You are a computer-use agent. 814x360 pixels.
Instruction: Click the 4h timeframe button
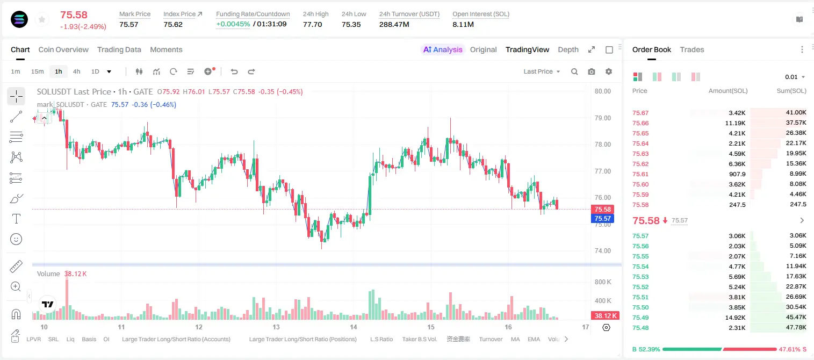pos(76,71)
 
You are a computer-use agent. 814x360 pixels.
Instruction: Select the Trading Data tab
pos(119,49)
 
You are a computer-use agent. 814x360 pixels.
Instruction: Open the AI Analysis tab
pos(443,49)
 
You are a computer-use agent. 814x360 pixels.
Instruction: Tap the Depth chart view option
pos(568,49)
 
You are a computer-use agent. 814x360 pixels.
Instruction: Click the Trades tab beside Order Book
pos(692,49)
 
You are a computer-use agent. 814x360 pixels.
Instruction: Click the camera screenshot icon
pos(592,71)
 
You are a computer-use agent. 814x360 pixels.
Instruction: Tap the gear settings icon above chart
pos(609,71)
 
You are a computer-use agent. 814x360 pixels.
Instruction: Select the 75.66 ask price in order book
pos(640,123)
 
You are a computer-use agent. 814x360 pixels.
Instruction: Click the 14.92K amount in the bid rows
pos(735,318)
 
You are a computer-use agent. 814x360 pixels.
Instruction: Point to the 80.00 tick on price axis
pos(602,91)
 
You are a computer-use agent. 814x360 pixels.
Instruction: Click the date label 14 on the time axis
pos(353,327)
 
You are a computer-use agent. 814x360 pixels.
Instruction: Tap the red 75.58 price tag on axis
pos(602,209)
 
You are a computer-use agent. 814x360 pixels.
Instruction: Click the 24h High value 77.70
pos(313,24)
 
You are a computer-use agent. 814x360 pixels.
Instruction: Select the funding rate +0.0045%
pos(233,24)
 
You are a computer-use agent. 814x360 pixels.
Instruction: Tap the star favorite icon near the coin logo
pos(42,19)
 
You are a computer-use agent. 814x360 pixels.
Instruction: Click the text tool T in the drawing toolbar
pos(16,219)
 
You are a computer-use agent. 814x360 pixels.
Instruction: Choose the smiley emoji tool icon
pos(16,239)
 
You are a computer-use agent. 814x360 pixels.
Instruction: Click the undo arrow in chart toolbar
pos(234,71)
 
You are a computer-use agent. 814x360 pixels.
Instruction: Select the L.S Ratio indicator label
pos(381,339)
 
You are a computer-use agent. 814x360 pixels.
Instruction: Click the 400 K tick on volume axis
pos(603,301)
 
